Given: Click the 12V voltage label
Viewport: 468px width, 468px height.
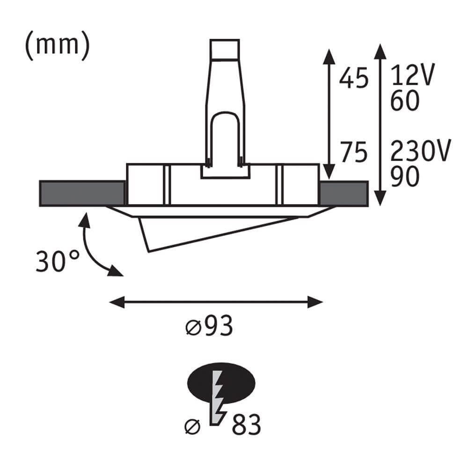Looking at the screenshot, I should tap(412, 75).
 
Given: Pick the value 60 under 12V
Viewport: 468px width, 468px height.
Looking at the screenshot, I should tap(403, 101).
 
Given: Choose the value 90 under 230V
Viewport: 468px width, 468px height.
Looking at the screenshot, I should tap(403, 177).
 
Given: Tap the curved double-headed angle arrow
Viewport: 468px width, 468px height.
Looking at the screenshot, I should tap(94, 248).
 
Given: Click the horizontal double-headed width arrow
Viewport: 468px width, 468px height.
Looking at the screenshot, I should tap(216, 302).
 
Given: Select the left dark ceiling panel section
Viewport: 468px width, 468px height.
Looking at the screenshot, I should tap(82, 193).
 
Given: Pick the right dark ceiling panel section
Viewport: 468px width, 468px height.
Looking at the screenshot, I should tap(344, 193).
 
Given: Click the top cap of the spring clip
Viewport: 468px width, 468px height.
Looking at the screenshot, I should tap(225, 49).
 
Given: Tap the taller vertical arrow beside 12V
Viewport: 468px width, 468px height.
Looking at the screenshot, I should tap(380, 124).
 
